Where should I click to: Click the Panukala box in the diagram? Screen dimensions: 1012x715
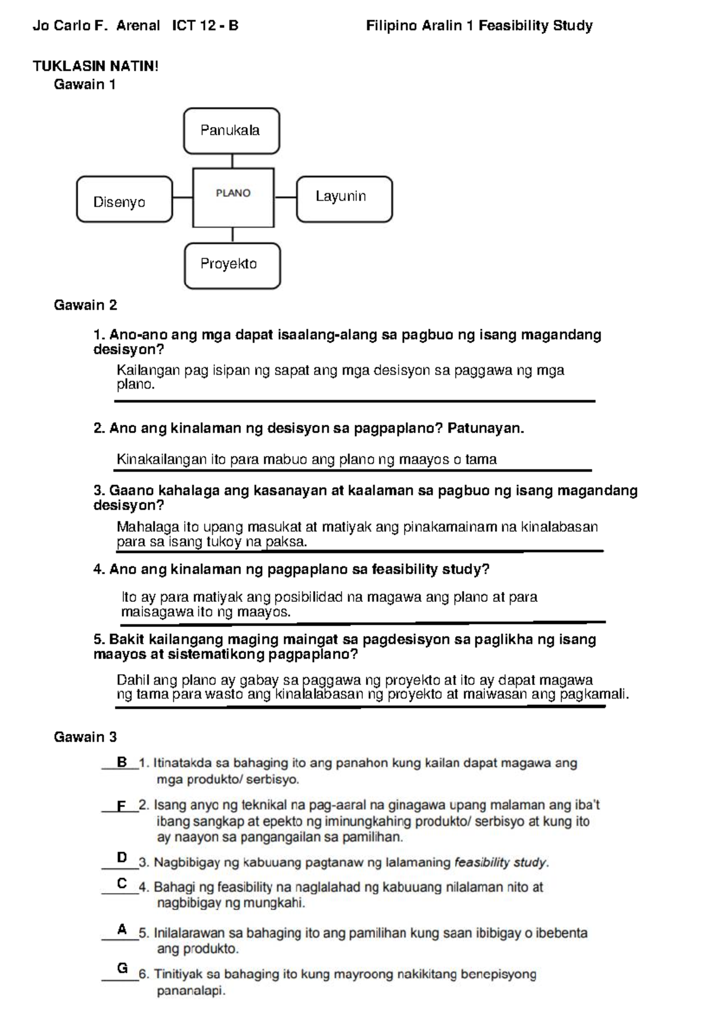click(x=231, y=131)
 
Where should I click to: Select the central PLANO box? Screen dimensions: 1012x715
click(x=233, y=197)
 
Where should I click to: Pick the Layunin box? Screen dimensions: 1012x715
click(x=344, y=199)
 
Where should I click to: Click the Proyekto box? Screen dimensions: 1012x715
click(x=232, y=266)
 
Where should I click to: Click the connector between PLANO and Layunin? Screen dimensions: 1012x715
click(x=285, y=197)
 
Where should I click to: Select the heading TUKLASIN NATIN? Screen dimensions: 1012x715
click(x=95, y=66)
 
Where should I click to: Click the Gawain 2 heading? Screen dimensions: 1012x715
click(x=85, y=305)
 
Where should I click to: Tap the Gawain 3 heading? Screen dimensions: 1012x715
click(x=85, y=737)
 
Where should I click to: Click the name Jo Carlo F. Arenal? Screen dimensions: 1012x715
click(x=96, y=26)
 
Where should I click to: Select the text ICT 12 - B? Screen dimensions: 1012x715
click(x=205, y=26)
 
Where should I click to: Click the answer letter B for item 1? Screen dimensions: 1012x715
click(x=122, y=762)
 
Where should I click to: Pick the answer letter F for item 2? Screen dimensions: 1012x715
click(x=122, y=806)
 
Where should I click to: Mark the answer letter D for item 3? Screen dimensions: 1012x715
click(x=122, y=858)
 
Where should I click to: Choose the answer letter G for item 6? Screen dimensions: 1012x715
click(x=122, y=968)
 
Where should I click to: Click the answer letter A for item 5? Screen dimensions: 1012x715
click(x=122, y=929)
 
